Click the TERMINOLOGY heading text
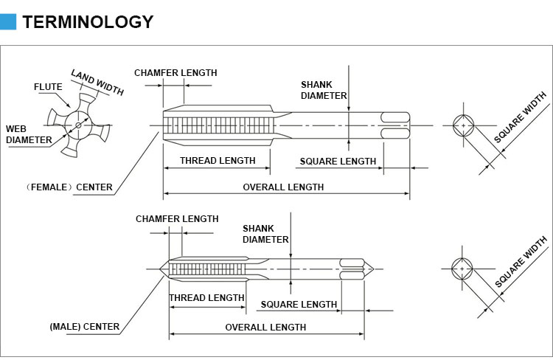[88, 21]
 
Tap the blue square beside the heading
[8, 21]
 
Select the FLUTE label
[48, 87]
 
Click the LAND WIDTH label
[97, 82]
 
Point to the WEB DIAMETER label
[29, 134]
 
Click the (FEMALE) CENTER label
[70, 187]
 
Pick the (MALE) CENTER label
[84, 327]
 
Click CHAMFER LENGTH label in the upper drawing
[175, 73]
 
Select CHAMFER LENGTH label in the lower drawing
[177, 219]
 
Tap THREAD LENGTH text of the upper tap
[218, 161]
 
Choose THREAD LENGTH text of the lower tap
[206, 298]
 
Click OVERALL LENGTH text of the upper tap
[283, 187]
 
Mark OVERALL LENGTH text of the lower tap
[265, 328]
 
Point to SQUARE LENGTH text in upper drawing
[338, 162]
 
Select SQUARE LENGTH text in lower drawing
[299, 305]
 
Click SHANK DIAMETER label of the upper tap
[324, 90]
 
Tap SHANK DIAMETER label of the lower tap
[265, 234]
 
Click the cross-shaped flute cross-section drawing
[77, 125]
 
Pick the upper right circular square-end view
[463, 126]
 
